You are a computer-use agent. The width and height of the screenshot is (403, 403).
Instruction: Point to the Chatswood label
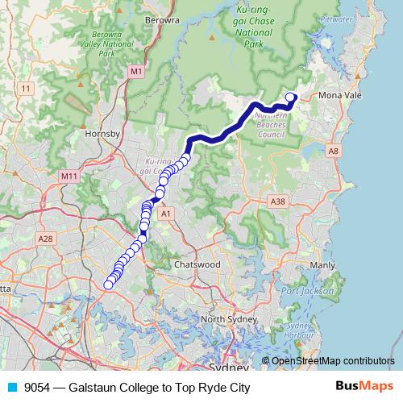(x=197, y=264)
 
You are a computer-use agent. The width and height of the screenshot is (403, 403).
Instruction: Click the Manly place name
(x=322, y=264)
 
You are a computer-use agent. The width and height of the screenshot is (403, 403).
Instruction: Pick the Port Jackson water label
(x=302, y=289)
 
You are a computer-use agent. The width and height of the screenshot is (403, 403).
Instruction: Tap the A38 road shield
(x=279, y=201)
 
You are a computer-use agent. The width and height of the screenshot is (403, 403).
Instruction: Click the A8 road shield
(x=333, y=150)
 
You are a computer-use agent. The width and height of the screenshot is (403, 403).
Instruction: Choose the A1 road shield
(x=166, y=214)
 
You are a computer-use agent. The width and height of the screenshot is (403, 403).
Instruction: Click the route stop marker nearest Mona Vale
(x=291, y=98)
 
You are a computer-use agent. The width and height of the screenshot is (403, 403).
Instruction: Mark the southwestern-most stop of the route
(x=108, y=284)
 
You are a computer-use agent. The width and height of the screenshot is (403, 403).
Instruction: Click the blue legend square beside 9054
(x=12, y=388)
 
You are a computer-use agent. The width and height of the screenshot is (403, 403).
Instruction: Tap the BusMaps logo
(x=364, y=387)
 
